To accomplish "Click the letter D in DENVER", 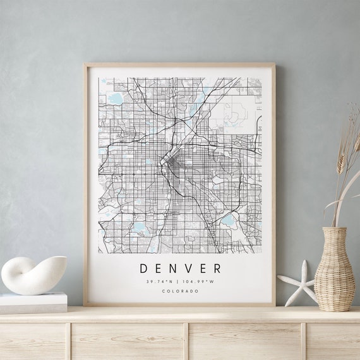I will (x=143, y=268).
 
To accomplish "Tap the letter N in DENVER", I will (x=174, y=268).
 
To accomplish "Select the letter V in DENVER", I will (x=189, y=268).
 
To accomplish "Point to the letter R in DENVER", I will (x=218, y=268).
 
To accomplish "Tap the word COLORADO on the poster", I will (x=180, y=291).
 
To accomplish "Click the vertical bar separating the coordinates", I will (x=179, y=282).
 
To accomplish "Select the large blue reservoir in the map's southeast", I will (x=229, y=222).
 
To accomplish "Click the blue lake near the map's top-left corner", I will (x=115, y=99).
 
